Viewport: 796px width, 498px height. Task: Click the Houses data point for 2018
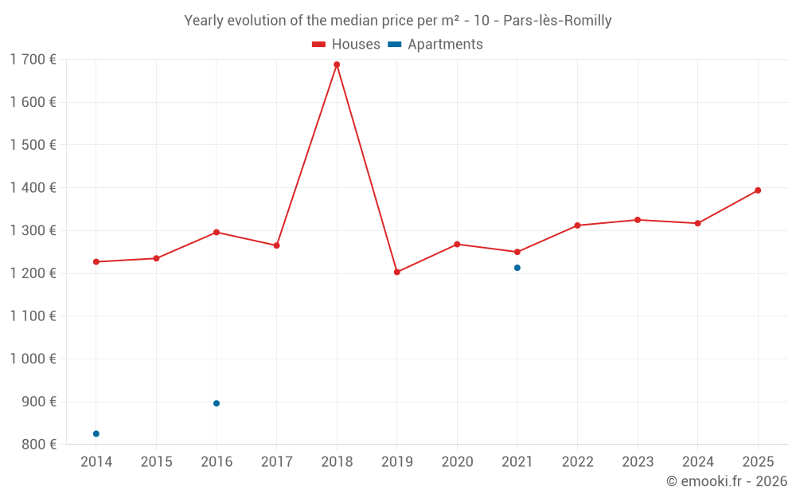337,65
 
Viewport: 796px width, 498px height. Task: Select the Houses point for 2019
397,273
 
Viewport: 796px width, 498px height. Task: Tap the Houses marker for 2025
758,190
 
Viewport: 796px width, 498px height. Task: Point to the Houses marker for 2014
96,262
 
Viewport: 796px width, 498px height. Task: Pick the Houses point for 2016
217,232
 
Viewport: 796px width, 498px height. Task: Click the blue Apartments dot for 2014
96,434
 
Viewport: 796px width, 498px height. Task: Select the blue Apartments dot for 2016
217,403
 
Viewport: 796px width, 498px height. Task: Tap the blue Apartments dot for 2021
517,268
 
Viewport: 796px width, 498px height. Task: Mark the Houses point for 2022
577,225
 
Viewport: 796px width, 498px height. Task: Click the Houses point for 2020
457,245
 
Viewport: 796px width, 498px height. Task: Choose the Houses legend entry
346,45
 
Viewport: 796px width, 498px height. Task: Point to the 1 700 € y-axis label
33,60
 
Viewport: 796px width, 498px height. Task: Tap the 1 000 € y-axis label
33,359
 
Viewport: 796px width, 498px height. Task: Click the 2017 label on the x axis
276,462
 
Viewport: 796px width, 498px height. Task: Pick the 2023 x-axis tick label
638,462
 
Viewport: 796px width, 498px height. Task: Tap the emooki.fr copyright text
727,481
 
